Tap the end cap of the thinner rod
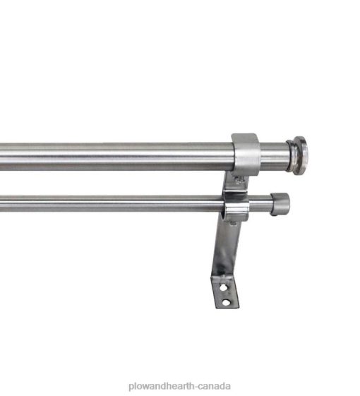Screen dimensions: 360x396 pos(280,204)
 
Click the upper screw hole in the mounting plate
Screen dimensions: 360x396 pos(223,287)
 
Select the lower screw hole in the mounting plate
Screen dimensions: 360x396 pos(226,302)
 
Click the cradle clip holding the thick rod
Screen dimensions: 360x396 pos(246,155)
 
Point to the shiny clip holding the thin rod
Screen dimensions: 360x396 pos(236,207)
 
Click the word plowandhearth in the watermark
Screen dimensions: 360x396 pos(162,386)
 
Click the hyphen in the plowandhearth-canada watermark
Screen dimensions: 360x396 pos(196,387)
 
